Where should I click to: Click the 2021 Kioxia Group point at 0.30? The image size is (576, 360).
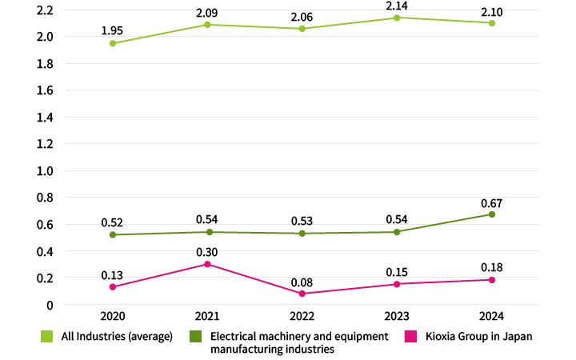(207, 264)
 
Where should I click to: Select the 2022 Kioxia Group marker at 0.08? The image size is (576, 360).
(302, 294)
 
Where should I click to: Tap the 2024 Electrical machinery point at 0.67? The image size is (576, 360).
(492, 214)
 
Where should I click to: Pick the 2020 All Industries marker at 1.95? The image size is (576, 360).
(113, 43)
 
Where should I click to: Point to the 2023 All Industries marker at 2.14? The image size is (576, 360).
(397, 18)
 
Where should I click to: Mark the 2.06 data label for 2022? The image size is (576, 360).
(302, 14)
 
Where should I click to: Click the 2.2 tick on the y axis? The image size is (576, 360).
(44, 10)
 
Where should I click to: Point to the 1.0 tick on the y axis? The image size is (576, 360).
(44, 170)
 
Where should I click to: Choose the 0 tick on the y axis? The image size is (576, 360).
(50, 305)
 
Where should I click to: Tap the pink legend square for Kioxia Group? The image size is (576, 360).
(411, 337)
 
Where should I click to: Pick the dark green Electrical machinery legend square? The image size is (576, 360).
(195, 337)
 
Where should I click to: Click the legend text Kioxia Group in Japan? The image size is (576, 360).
(478, 337)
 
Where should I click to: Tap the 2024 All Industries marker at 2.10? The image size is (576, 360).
(492, 23)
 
